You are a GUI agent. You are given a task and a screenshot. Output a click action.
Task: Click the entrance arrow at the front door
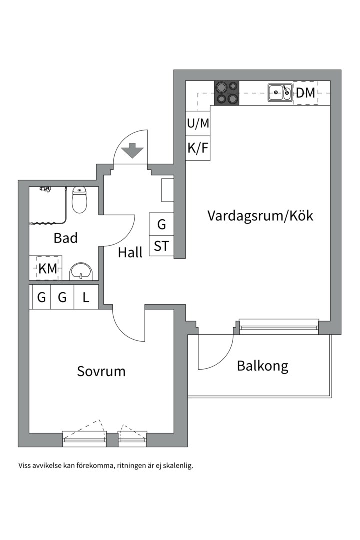pos(132,150)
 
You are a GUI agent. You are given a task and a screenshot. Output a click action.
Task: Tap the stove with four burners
pos(226,93)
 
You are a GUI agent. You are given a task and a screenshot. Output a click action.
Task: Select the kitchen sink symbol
pos(280,92)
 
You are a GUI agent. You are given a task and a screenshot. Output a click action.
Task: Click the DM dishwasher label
pos(305,93)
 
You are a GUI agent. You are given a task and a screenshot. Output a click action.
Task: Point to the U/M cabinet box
pos(198,123)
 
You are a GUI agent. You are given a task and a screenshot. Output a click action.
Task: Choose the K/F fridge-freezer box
pos(198,148)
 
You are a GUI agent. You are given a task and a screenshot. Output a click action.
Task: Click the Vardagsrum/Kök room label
pos(260,216)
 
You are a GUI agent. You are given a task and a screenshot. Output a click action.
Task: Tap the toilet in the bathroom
pos(79,200)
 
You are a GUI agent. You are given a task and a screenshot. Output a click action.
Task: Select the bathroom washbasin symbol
pos(80,271)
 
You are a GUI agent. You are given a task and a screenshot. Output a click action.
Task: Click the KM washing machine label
pos(48,268)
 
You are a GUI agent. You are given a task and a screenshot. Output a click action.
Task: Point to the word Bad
pos(66,238)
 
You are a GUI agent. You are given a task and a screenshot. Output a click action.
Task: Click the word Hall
pos(130,253)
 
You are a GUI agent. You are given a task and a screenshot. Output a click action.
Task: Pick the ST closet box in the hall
pos(161,246)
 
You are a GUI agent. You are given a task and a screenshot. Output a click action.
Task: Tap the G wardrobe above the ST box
pos(161,225)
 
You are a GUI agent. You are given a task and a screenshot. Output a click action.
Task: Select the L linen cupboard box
pos(86,298)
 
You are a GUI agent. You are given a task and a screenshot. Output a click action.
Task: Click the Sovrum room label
pos(101,371)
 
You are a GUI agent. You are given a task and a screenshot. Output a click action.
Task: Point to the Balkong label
pos(263,366)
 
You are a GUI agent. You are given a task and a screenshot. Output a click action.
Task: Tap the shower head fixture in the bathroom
pos(45,189)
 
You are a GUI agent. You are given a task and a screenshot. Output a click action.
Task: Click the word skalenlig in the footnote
pos(175,466)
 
